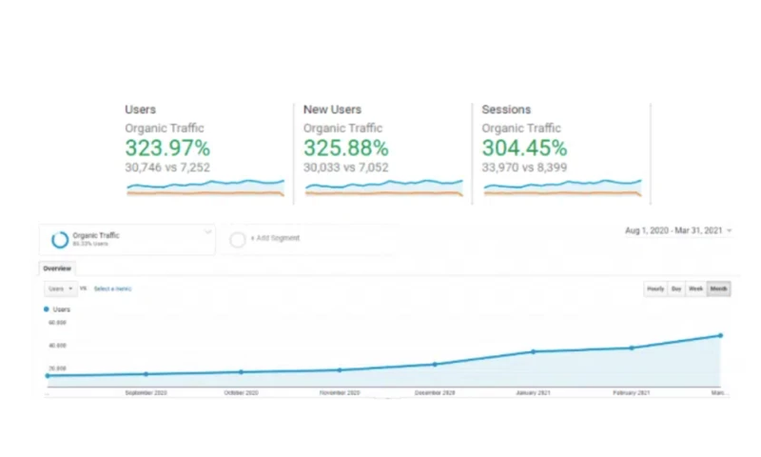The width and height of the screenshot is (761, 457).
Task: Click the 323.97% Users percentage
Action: (167, 149)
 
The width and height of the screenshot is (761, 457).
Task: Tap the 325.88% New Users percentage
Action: (345, 149)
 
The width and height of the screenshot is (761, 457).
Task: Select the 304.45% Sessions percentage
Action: (524, 149)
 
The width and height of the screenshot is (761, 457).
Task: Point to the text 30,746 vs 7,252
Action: (167, 168)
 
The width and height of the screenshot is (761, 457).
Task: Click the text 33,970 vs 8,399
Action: (524, 168)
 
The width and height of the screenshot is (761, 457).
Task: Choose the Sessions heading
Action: (506, 109)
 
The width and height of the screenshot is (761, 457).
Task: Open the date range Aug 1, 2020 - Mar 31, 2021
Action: (674, 230)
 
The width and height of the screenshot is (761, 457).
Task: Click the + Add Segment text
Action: (274, 238)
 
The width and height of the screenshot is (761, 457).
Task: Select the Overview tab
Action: (57, 268)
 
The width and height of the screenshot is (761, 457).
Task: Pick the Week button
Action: (696, 288)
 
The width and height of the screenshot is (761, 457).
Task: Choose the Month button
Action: (719, 288)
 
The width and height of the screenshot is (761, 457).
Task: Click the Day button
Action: (676, 288)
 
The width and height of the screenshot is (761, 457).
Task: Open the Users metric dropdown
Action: (60, 288)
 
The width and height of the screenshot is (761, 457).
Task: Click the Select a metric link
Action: (112, 288)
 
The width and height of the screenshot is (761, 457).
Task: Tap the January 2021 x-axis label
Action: (533, 393)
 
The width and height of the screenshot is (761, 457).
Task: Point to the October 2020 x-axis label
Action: (242, 393)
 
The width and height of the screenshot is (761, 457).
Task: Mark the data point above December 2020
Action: (435, 364)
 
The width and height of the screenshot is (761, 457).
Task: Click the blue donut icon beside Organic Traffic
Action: (58, 239)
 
